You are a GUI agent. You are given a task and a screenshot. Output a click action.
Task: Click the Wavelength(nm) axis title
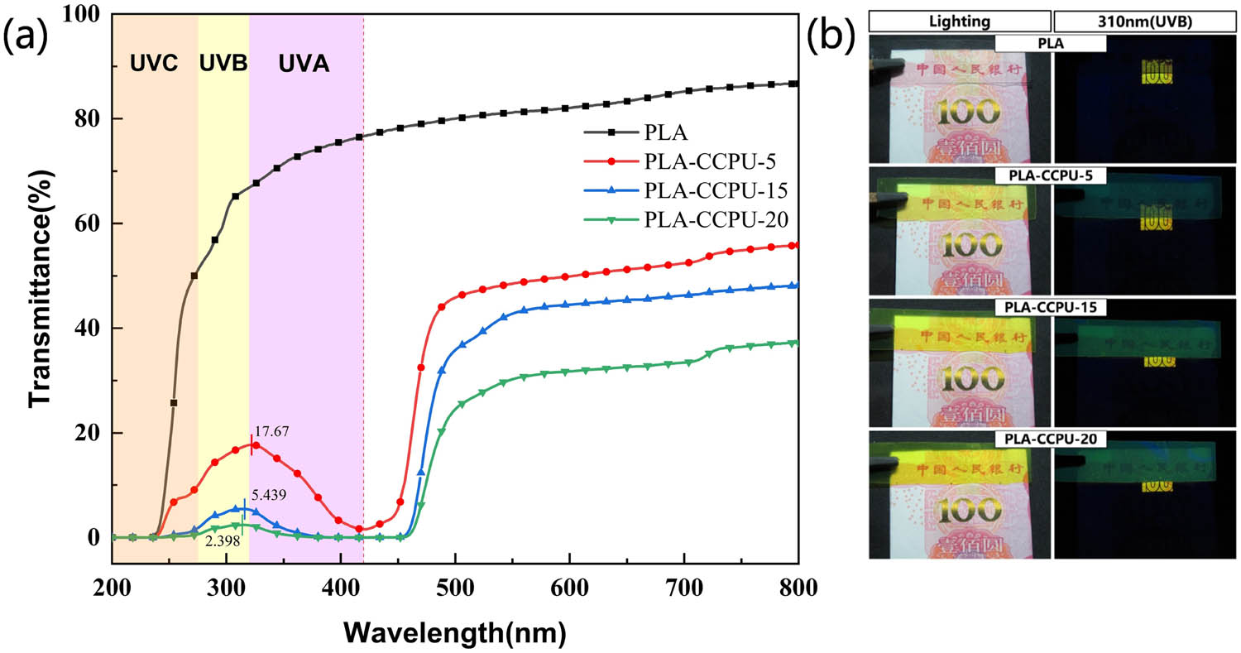click(456, 632)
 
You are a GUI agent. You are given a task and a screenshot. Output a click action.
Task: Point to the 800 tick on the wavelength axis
click(796, 588)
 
